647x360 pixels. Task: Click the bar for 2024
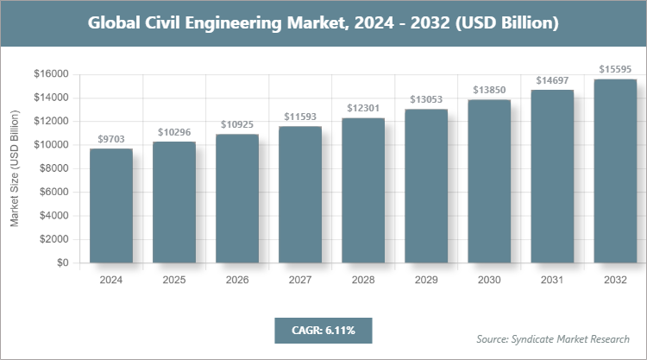point(111,205)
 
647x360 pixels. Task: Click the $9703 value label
point(111,138)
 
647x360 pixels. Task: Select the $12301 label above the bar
point(363,107)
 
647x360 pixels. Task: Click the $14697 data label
point(552,79)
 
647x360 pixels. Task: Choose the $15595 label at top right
point(615,68)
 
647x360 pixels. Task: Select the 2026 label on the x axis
point(237,281)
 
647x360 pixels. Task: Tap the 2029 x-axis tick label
point(426,281)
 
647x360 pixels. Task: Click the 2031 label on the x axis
point(552,281)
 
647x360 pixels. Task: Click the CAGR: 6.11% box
point(323,330)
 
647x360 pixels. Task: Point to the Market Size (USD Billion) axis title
point(15,168)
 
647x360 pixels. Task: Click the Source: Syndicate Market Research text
point(553,338)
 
